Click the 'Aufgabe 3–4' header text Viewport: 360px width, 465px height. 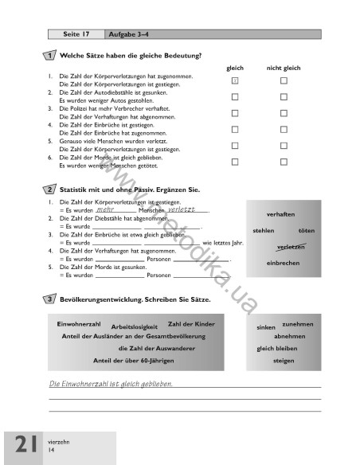click(x=123, y=35)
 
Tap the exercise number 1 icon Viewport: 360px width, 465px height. click(x=50, y=56)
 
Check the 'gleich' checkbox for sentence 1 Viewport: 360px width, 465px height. click(x=234, y=81)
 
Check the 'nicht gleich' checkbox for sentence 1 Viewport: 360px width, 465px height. click(x=283, y=81)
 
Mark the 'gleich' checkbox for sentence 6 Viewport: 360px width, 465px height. click(x=234, y=162)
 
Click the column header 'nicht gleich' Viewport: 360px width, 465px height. click(x=283, y=68)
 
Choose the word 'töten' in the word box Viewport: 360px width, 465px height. click(x=306, y=230)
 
